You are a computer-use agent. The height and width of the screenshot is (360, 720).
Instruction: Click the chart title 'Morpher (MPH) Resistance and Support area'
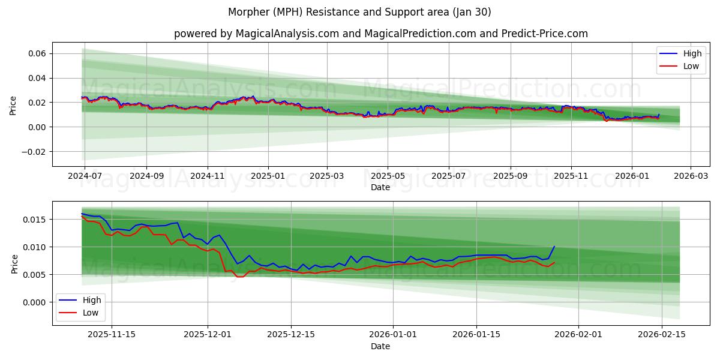pos(359,12)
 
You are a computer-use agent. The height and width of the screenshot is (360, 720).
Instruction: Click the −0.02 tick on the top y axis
pos(32,151)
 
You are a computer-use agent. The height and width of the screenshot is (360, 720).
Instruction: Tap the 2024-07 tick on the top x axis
pos(85,176)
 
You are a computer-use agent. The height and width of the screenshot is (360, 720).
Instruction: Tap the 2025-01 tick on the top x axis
pos(268,176)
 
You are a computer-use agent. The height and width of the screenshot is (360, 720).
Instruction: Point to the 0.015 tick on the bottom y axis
pos(34,220)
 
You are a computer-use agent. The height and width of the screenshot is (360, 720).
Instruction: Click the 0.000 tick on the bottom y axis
pos(34,302)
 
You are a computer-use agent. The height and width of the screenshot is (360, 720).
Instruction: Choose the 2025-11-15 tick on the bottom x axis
pos(112,335)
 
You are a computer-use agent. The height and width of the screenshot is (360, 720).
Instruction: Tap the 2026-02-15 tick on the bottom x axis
pos(661,335)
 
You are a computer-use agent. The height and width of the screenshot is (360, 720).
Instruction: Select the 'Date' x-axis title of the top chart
pos(380,187)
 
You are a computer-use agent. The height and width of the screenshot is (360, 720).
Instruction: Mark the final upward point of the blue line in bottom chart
pos(554,247)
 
